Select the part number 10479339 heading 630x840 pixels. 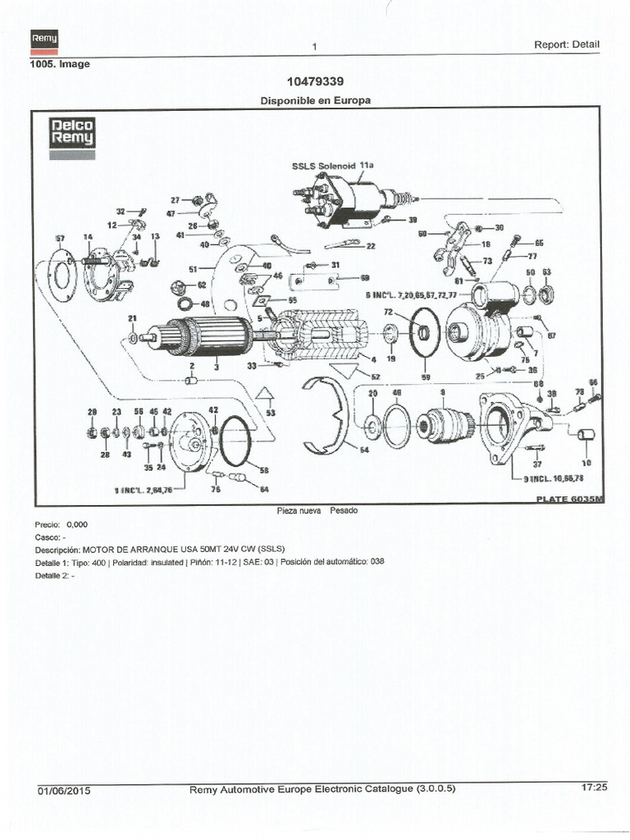tap(315, 81)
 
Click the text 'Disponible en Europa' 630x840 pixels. tap(315, 100)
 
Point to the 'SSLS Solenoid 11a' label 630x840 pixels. tap(332, 165)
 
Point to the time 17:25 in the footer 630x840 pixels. tap(593, 787)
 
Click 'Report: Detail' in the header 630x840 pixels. tap(567, 45)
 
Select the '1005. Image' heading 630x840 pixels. tap(59, 63)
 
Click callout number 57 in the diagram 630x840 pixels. tap(59, 238)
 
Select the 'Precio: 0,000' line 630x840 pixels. tap(60, 523)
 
